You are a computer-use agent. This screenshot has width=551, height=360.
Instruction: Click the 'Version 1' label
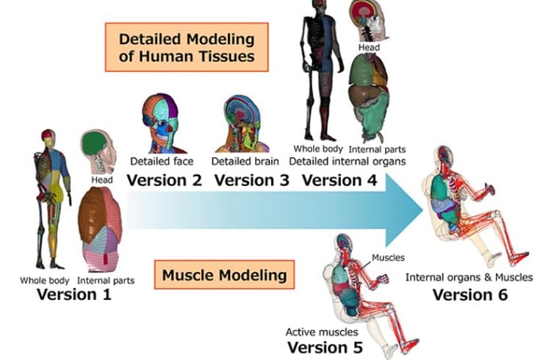74,295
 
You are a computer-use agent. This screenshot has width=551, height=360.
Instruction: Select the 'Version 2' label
164,180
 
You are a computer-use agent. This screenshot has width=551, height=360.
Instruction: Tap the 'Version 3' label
251,180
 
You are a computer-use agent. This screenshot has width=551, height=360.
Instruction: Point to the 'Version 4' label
339,180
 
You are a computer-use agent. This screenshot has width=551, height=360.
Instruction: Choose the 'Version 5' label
325,348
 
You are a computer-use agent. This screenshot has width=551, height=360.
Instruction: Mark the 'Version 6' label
470,295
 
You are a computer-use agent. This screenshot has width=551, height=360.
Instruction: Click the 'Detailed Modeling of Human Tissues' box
187,47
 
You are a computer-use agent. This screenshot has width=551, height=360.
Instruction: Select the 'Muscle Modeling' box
224,275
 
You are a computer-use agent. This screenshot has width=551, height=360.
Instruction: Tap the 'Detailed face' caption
162,162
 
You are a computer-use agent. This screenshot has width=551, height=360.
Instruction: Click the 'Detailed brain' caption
245,162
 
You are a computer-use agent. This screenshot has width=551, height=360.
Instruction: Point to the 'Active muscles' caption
322,332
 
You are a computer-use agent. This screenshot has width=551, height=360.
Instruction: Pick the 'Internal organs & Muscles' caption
469,278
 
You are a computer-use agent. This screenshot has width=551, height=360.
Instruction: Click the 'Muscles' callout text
389,258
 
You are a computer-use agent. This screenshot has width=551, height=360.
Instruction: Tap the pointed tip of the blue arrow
422,210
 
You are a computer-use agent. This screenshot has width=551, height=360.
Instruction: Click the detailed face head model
162,123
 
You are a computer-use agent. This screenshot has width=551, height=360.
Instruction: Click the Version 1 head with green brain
98,151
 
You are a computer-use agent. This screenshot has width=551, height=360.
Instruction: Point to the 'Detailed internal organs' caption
347,162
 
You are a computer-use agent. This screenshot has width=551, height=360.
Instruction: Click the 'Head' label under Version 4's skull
369,48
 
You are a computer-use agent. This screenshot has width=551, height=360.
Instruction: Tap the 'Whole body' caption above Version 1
44,281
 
